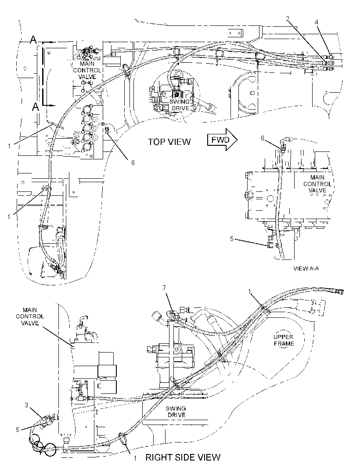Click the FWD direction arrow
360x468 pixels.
coord(223,140)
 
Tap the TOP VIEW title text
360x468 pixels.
coord(169,142)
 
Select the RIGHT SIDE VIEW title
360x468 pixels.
coord(183,457)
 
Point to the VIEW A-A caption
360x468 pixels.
coord(306,268)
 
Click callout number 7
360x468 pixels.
coord(164,288)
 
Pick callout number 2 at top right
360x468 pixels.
coord(288,19)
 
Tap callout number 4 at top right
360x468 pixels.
coord(317,22)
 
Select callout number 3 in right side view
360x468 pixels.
coord(26,405)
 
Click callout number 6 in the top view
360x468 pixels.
coord(133,162)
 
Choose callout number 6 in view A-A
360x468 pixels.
coord(263,138)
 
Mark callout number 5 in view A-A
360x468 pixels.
coord(232,239)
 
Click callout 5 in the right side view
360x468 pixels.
coord(17,429)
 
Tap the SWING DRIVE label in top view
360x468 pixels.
coord(180,105)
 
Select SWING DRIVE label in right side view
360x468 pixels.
coord(176,412)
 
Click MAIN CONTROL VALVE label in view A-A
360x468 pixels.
coord(317,184)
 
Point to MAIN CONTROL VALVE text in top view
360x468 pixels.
coord(87,70)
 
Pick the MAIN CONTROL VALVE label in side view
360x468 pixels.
coord(30,317)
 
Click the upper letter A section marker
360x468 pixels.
coord(34,40)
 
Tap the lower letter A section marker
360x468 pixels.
coord(36,107)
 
